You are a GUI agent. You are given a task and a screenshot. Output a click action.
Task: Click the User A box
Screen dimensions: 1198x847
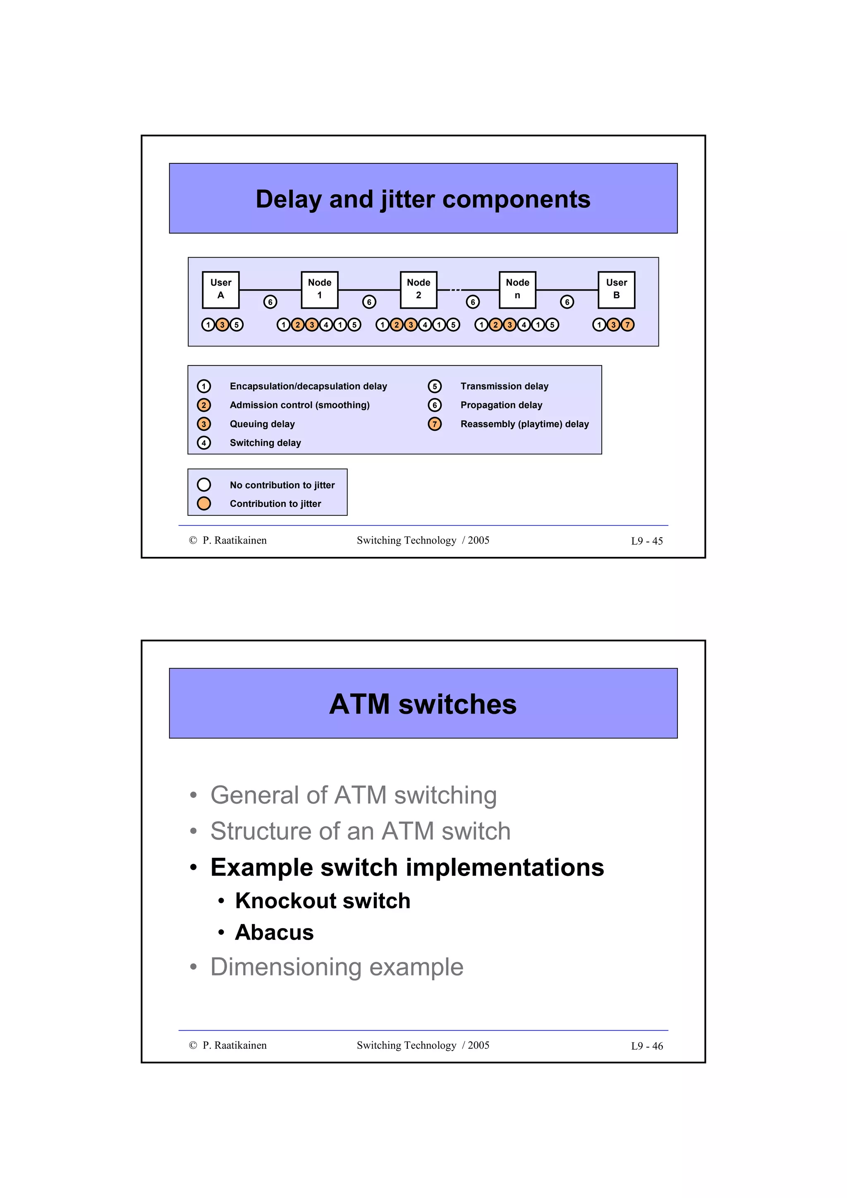[x=221, y=290]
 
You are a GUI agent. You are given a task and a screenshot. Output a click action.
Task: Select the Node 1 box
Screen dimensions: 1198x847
[x=319, y=290]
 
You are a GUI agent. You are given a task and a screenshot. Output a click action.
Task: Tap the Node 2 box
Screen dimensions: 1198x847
[x=419, y=290]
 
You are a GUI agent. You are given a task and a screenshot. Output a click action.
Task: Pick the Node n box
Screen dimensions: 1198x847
[x=517, y=290]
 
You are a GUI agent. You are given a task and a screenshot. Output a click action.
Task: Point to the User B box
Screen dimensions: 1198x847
[x=616, y=290]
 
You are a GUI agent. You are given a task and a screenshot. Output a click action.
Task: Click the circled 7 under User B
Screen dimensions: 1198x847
[x=627, y=325]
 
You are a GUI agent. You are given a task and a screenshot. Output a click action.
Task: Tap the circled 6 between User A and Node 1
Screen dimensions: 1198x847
[x=270, y=302]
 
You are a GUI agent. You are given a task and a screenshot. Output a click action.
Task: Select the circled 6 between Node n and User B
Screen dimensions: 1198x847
[x=567, y=302]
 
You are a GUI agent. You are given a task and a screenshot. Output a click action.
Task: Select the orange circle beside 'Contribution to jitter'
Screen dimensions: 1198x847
[x=204, y=504]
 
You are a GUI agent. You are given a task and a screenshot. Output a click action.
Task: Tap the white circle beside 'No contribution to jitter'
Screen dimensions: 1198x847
[x=204, y=485]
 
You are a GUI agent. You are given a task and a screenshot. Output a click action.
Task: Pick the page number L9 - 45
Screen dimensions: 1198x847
[x=646, y=541]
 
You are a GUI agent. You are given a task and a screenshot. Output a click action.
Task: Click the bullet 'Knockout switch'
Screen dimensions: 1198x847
[x=323, y=901]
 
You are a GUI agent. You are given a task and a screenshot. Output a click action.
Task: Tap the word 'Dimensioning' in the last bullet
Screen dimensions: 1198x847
[x=285, y=967]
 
